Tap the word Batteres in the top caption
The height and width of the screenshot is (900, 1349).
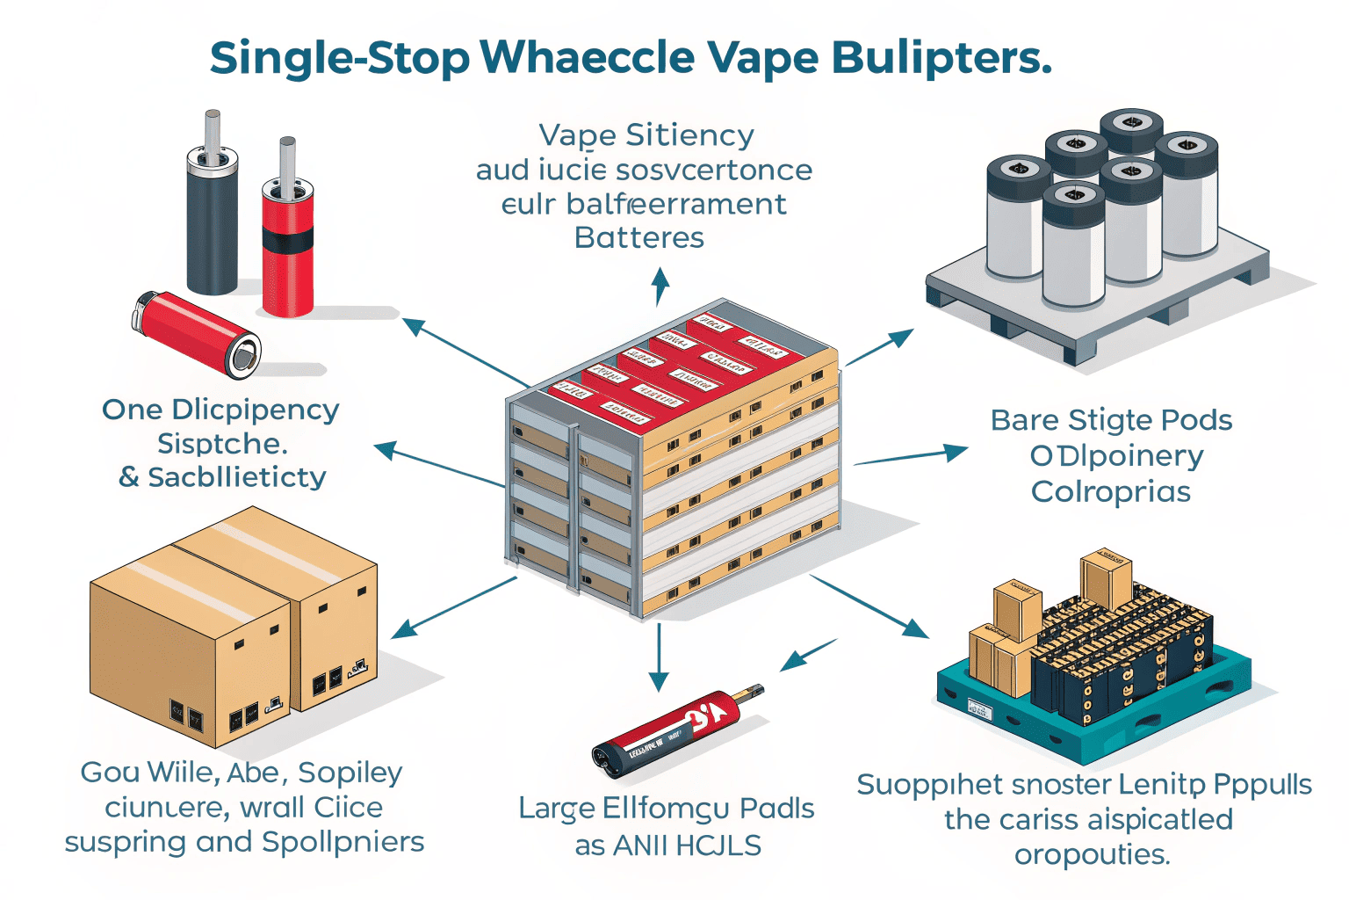638,237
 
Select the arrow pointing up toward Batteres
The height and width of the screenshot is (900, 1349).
660,287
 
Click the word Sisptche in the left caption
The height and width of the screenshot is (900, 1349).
222,443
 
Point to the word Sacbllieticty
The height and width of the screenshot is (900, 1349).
236,477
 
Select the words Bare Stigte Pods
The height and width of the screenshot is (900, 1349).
1111,420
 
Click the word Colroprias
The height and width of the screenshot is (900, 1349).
1111,491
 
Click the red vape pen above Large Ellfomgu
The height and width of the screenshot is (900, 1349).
676,729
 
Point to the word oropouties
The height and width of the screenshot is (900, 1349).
1092,854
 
